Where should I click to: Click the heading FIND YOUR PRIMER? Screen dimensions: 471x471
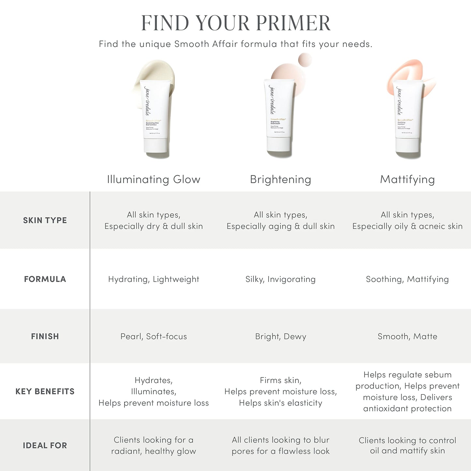click(236, 23)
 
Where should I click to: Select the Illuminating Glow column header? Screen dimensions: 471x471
click(154, 179)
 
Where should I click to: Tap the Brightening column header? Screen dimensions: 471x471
click(280, 179)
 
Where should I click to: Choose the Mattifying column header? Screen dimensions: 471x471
click(407, 179)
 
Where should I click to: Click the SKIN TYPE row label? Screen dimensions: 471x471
click(45, 220)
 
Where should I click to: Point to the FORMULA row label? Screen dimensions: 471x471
click(45, 279)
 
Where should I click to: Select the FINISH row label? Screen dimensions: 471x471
click(45, 336)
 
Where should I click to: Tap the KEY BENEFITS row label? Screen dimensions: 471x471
click(45, 391)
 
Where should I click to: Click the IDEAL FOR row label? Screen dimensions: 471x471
click(45, 446)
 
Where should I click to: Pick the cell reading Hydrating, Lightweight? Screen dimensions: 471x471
click(154, 279)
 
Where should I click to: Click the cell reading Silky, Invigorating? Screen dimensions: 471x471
click(280, 279)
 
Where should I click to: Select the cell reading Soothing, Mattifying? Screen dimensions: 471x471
click(407, 279)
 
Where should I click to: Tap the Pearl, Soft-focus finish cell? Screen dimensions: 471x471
click(154, 336)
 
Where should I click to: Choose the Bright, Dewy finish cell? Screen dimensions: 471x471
click(280, 336)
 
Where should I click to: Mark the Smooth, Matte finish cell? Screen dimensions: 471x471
click(407, 336)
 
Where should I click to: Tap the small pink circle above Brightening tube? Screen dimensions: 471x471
click(305, 60)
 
